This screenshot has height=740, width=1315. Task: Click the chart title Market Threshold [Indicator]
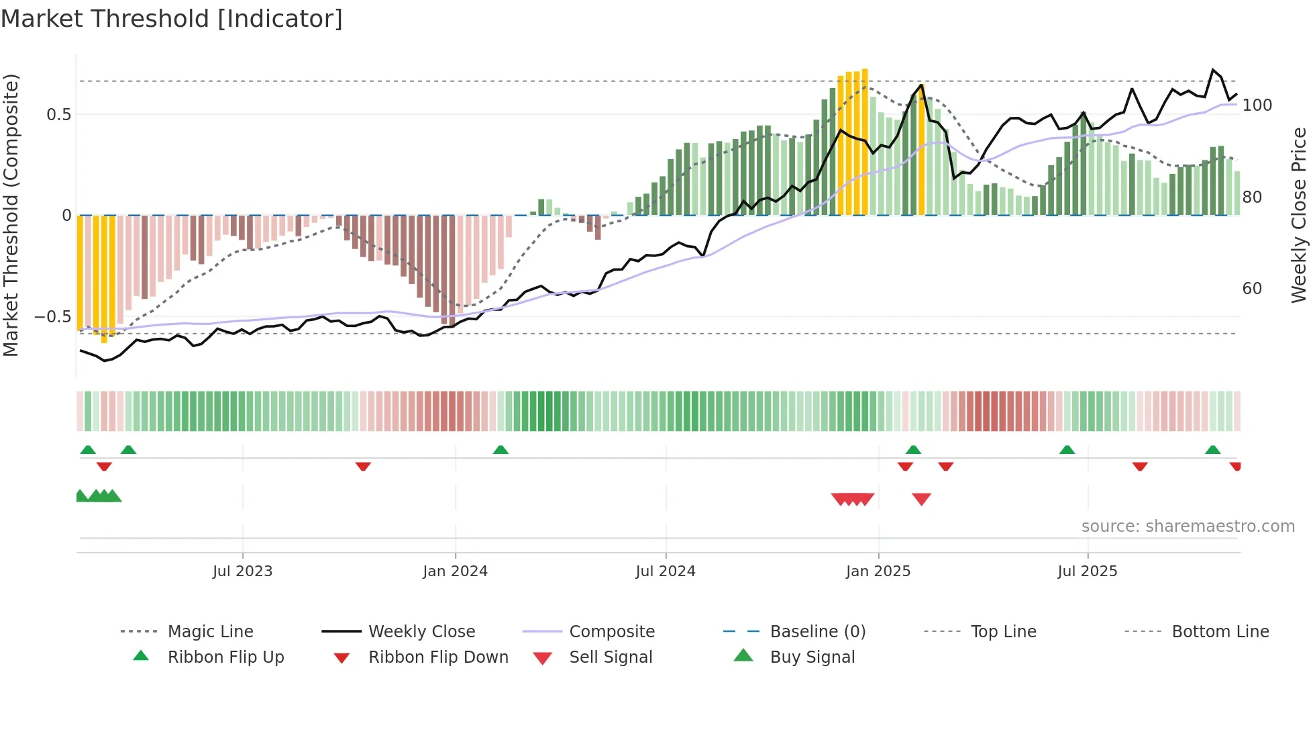(x=172, y=19)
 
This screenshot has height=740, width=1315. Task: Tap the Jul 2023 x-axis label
(x=242, y=571)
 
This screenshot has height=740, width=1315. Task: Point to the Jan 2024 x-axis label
(x=455, y=571)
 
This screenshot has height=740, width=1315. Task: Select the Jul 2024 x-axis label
(x=665, y=571)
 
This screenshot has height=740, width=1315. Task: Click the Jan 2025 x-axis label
(x=878, y=571)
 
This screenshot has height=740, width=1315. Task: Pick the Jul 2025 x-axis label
(x=1087, y=571)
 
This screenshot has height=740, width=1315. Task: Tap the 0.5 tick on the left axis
(x=58, y=114)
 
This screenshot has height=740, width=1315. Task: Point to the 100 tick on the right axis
(x=1257, y=105)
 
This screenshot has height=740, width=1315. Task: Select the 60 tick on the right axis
(x=1252, y=289)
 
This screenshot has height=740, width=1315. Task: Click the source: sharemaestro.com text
(x=1188, y=526)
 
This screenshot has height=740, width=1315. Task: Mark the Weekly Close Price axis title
(x=1299, y=215)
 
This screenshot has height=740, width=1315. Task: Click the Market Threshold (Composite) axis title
(x=11, y=215)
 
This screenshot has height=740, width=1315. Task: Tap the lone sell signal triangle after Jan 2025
(x=921, y=499)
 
